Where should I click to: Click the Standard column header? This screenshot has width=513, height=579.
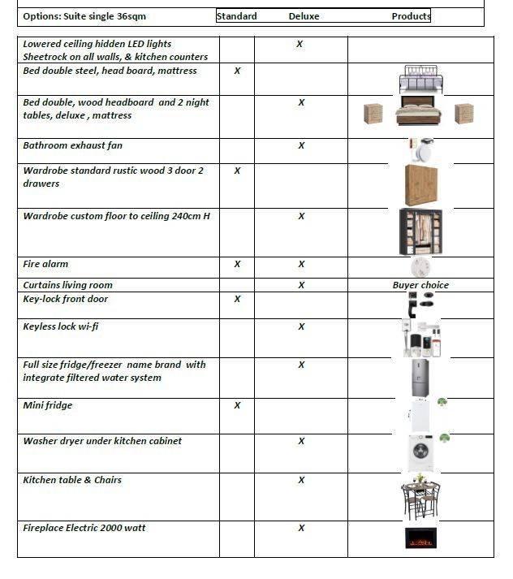pos(237,16)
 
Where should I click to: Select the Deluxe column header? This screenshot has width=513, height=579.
pos(304,16)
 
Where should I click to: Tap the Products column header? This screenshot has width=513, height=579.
pos(411,16)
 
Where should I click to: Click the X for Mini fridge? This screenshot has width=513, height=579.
pos(237,405)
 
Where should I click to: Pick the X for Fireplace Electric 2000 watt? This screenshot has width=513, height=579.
pos(301,528)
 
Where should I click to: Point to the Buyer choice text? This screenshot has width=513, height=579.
pos(420,285)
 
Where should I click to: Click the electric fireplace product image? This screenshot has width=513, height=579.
pos(420,538)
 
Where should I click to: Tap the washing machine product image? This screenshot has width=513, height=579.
pos(420,452)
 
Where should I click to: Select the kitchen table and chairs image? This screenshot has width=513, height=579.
pos(420,497)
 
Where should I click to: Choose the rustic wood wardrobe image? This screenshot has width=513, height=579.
pos(420,185)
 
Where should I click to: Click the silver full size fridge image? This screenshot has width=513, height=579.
pos(420,378)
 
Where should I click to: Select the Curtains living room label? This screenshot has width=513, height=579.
pos(68,285)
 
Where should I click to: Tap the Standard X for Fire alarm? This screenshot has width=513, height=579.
pos(237,264)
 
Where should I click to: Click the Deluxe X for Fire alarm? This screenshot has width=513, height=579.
pos(301,264)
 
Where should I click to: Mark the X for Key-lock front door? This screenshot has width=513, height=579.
pos(237,299)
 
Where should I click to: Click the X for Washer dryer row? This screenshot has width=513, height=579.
pos(301,441)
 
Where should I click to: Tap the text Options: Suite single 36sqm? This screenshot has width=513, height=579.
pos(84,16)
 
